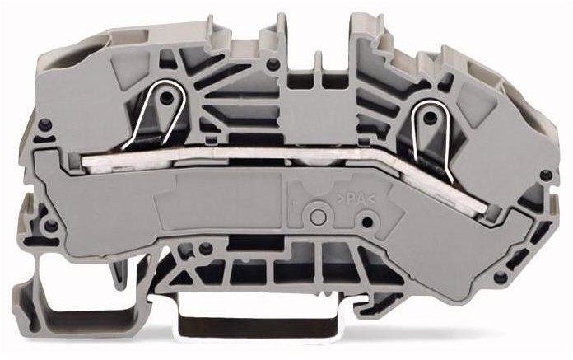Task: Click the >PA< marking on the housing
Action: point(355,200)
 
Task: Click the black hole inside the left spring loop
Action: point(167,97)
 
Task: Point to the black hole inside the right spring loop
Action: point(431,118)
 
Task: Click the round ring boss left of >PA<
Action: point(319,217)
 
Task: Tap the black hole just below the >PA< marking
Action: point(367,222)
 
